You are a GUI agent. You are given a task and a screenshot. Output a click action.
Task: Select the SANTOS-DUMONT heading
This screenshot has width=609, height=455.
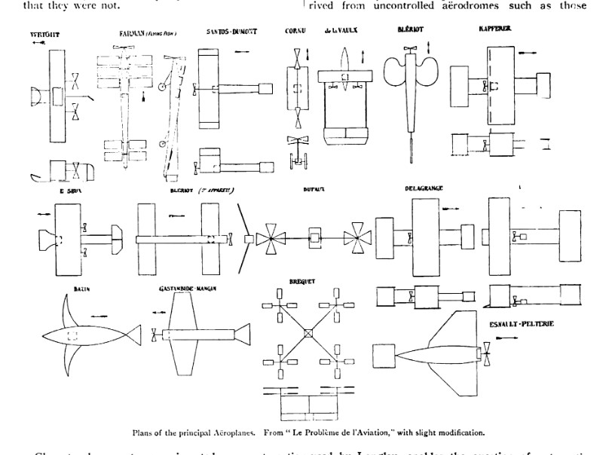click(231, 32)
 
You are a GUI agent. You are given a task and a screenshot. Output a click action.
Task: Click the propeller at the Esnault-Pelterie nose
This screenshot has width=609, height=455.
click(488, 349)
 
